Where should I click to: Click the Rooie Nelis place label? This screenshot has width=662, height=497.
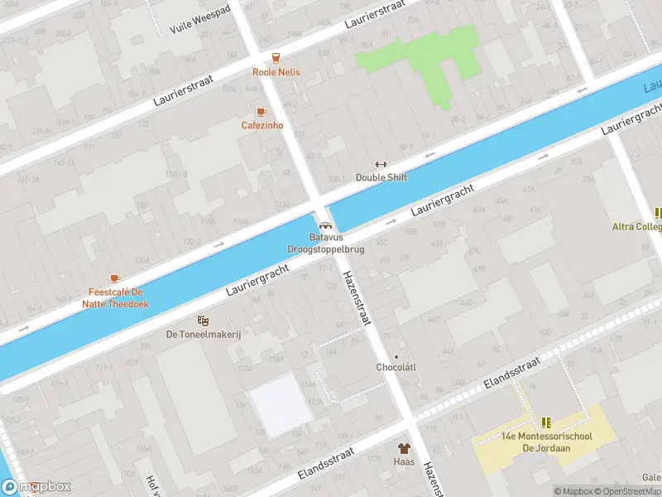276,72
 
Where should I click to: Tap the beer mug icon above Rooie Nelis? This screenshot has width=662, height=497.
276,58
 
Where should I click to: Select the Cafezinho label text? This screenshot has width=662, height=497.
262,126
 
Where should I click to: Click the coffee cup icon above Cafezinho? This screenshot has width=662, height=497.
261,112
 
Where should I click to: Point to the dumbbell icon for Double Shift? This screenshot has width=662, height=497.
381,164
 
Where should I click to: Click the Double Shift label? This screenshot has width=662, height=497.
381,177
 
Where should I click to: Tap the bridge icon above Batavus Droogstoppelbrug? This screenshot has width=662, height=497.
325,224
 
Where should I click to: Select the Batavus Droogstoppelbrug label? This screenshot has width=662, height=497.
325,243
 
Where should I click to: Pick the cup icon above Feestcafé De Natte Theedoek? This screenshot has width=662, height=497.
114,279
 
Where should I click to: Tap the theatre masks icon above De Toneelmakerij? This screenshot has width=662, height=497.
203,321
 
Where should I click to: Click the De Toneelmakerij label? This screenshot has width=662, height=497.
203,334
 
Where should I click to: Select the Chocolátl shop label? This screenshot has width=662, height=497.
395,367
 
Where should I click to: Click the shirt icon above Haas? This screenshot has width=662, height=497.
404,448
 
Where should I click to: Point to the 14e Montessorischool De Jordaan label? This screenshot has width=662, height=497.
547,442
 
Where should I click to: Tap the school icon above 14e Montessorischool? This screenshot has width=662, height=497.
546,422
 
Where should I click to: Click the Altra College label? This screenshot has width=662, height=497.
636,226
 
